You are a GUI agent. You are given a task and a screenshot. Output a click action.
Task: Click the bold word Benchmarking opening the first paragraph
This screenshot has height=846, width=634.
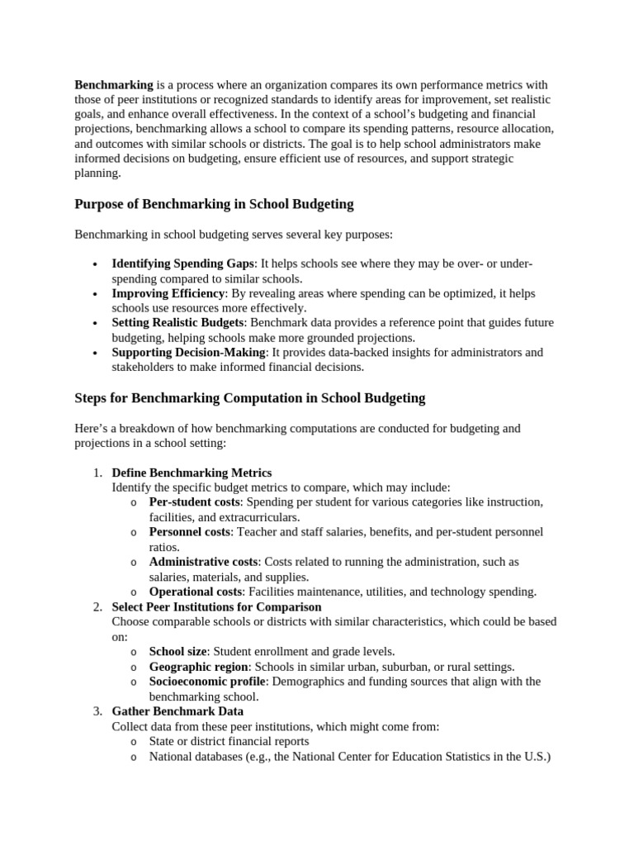click(114, 84)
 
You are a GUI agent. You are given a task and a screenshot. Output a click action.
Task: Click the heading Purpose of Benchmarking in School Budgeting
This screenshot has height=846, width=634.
click(214, 204)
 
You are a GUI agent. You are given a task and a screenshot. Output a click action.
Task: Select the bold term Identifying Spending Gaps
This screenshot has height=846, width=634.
click(184, 263)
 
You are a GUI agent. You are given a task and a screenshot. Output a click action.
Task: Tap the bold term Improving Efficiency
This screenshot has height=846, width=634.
click(168, 293)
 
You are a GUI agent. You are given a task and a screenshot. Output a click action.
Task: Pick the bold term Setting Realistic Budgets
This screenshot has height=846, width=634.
click(177, 322)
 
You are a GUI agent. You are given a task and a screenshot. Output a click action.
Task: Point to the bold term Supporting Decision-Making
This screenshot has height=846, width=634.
click(188, 352)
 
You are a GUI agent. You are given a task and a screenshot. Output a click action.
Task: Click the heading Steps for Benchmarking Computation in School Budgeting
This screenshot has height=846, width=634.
click(249, 397)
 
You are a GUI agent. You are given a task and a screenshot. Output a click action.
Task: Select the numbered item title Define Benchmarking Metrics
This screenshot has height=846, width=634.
click(192, 473)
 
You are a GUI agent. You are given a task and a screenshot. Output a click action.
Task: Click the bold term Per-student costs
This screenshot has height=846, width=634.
click(195, 502)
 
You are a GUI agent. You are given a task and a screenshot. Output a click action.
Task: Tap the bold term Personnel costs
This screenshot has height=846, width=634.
click(190, 532)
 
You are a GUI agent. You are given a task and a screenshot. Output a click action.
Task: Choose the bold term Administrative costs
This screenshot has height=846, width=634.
click(203, 562)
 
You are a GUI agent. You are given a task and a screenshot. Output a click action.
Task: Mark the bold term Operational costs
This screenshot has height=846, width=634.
click(194, 592)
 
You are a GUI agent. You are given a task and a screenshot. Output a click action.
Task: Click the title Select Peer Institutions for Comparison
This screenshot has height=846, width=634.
click(216, 606)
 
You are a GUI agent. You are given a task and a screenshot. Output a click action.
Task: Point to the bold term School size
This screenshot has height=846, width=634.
click(177, 651)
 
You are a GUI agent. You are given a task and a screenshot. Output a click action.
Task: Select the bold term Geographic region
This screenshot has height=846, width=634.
click(198, 666)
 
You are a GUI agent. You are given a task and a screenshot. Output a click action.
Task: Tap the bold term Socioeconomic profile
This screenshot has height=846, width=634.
click(207, 681)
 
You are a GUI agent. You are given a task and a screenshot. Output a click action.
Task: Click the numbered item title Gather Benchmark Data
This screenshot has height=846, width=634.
click(177, 711)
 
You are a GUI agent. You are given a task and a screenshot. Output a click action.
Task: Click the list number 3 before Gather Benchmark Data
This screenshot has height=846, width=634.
click(97, 711)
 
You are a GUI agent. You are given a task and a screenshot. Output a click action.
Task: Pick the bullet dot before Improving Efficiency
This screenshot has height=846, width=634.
click(97, 293)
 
